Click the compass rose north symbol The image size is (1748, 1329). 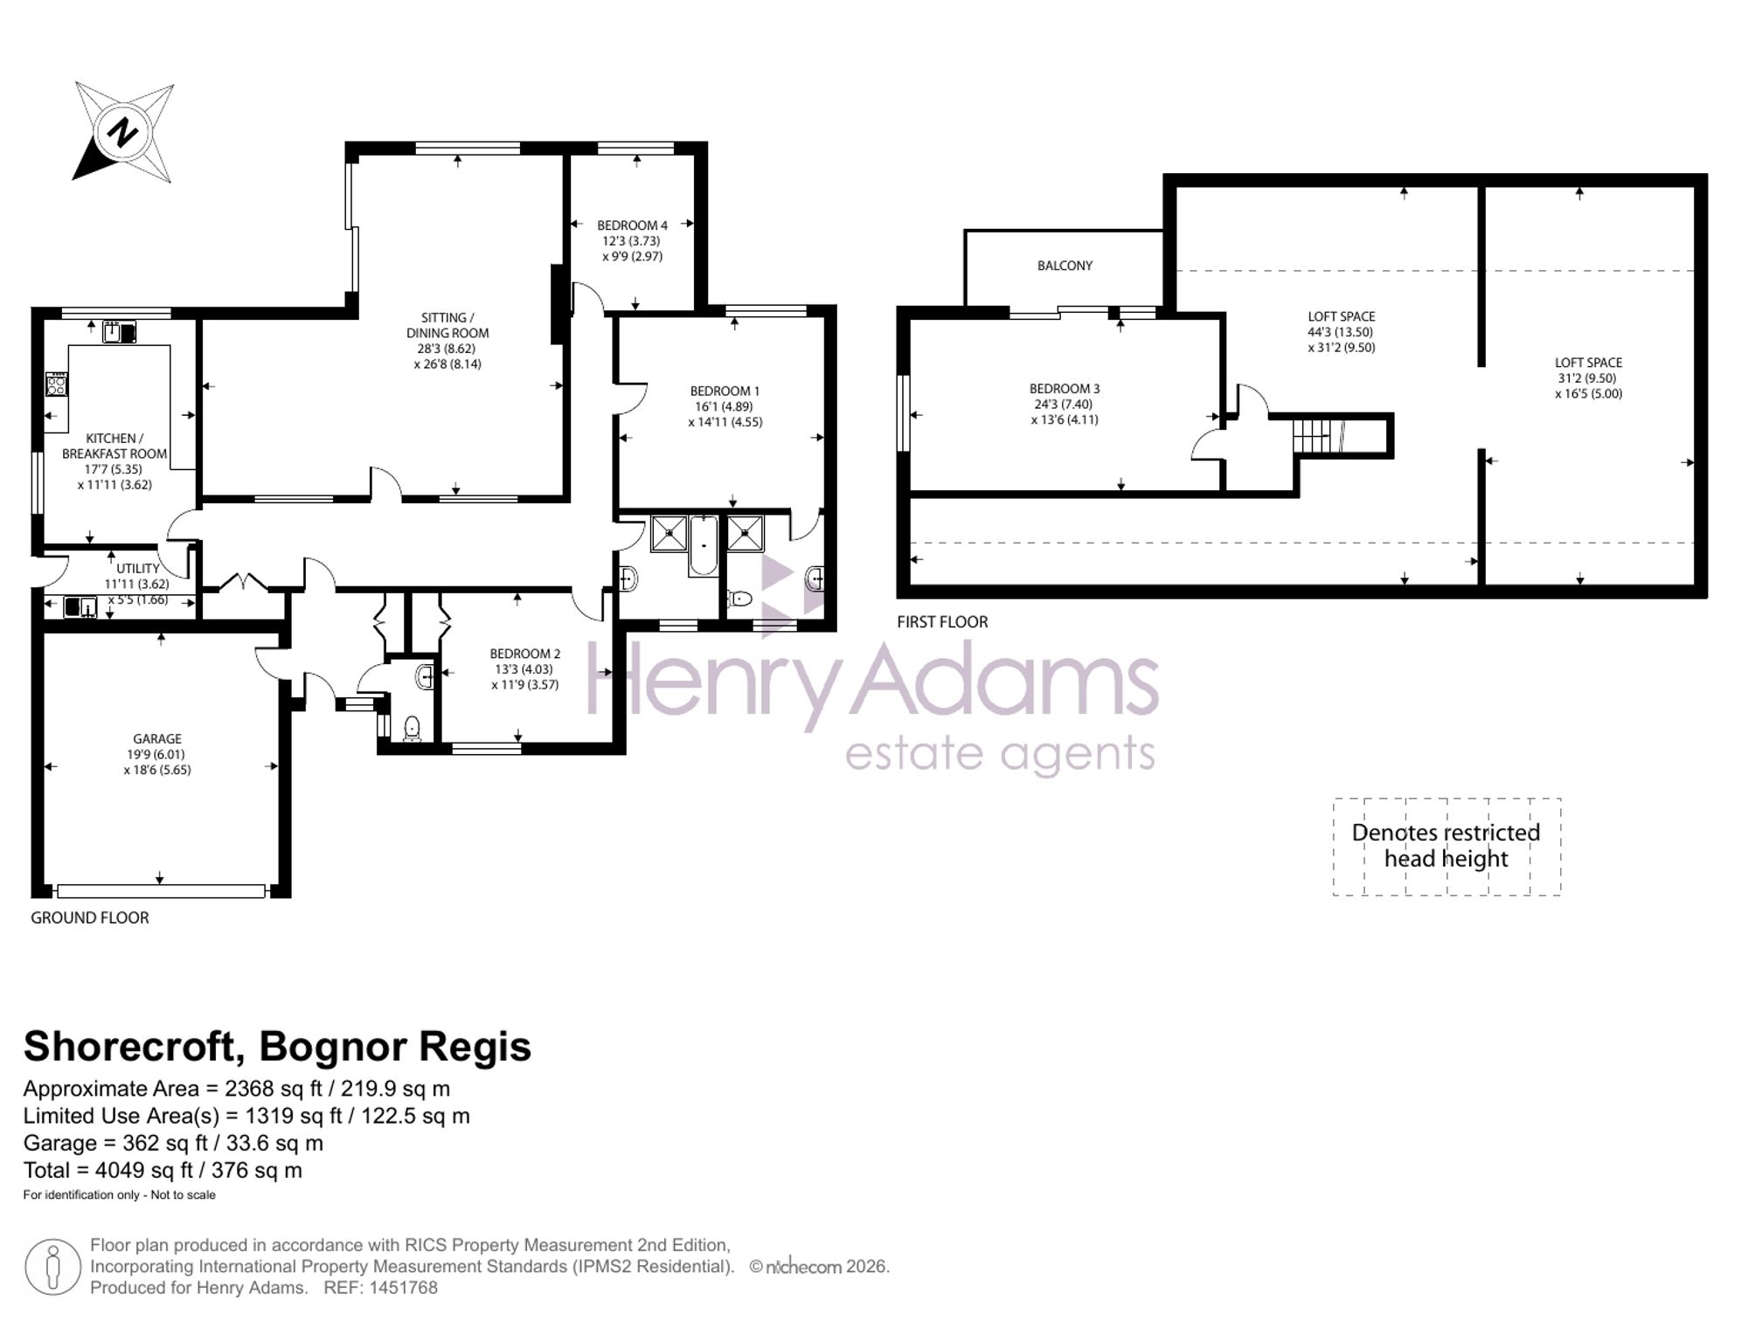coord(123,133)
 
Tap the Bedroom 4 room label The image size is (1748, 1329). coord(632,225)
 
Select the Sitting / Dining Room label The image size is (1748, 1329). coord(447,325)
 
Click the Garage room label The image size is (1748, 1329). coord(157,738)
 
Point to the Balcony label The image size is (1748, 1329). coord(1065,266)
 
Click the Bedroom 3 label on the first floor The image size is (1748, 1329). coord(1065,389)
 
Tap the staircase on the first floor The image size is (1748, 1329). coord(1319,435)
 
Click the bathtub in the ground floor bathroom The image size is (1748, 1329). coord(704,545)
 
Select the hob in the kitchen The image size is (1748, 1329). coord(57,384)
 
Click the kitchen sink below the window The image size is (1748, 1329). coord(119,332)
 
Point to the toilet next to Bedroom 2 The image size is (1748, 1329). coord(412,729)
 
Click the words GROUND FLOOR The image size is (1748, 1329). coord(90,917)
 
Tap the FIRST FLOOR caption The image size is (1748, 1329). coord(942,622)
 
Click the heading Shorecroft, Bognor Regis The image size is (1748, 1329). coord(277,1047)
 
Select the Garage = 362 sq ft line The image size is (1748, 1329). coord(173,1143)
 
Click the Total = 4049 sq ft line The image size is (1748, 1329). coord(163,1170)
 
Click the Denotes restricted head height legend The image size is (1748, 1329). coord(1446,846)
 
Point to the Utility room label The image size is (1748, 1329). coord(138,569)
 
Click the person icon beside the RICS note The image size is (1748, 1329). coord(53,1267)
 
